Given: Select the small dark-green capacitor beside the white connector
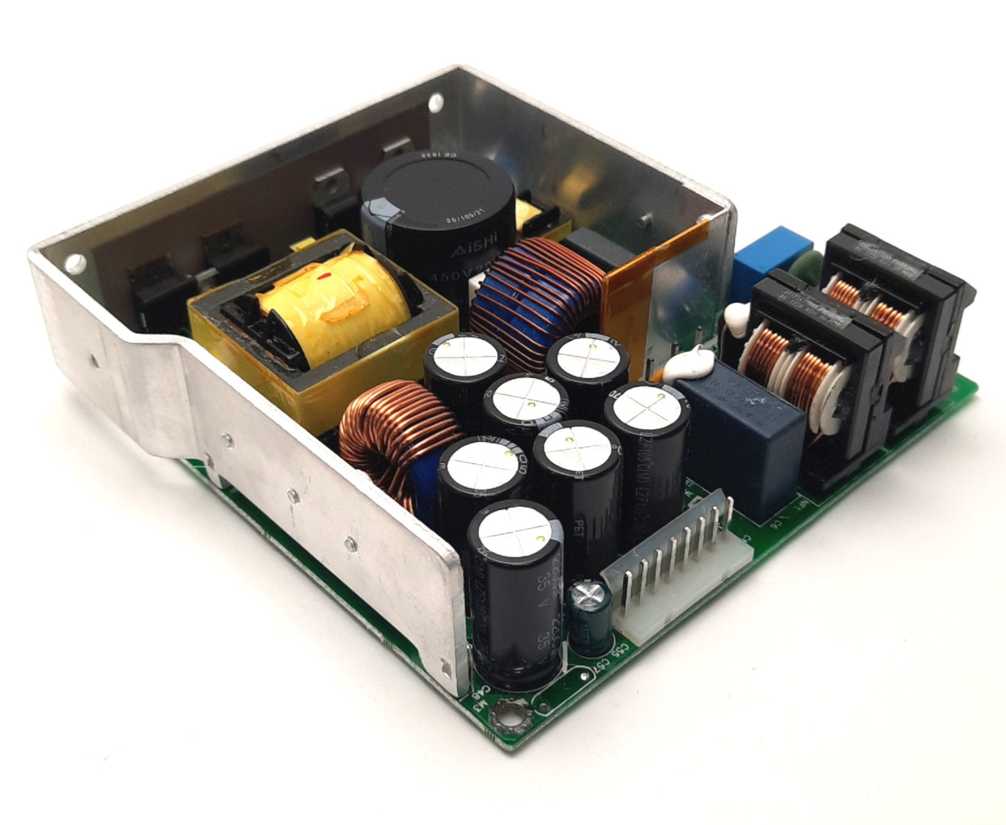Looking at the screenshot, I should [590, 619].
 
